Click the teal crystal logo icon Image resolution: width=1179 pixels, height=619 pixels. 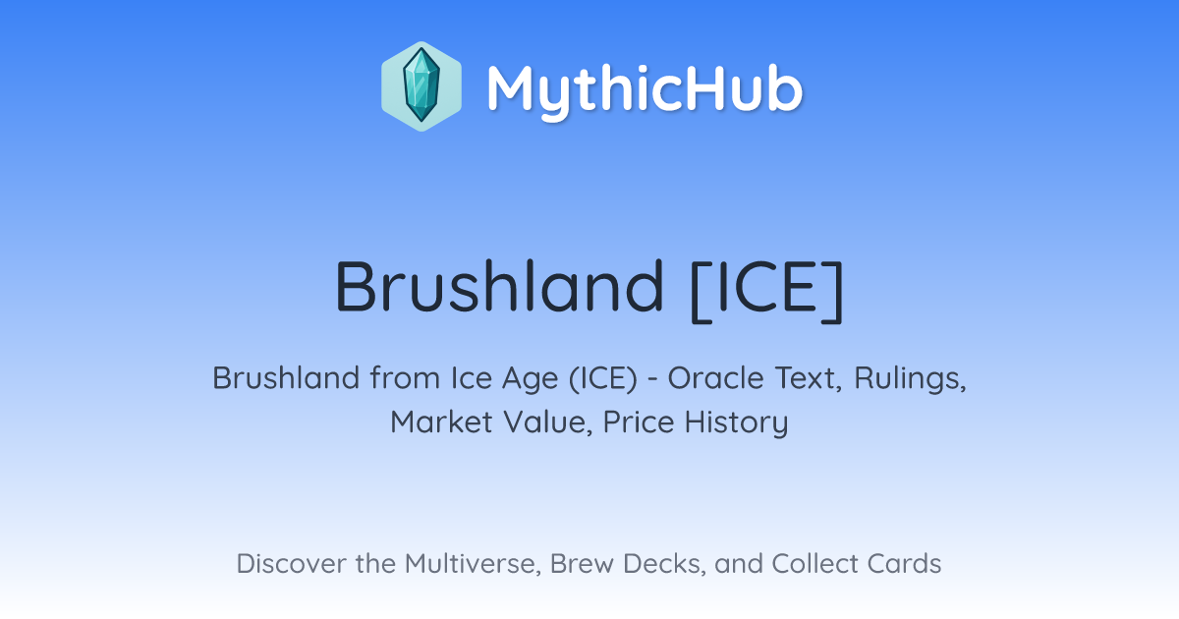(x=421, y=86)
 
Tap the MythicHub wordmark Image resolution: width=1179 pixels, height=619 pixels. (x=645, y=90)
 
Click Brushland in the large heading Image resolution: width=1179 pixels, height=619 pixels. (x=499, y=286)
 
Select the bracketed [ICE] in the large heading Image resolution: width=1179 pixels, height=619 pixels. (x=767, y=290)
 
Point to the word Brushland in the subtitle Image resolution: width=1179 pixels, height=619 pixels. (x=286, y=377)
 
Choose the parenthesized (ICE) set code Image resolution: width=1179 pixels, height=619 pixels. (x=602, y=378)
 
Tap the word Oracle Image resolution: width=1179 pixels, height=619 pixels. (x=716, y=377)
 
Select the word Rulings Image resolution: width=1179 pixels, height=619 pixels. (x=910, y=379)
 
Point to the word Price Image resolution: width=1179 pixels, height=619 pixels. (x=639, y=422)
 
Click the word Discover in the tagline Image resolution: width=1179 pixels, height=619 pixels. (x=291, y=563)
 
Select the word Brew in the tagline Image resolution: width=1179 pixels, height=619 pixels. (x=582, y=563)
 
